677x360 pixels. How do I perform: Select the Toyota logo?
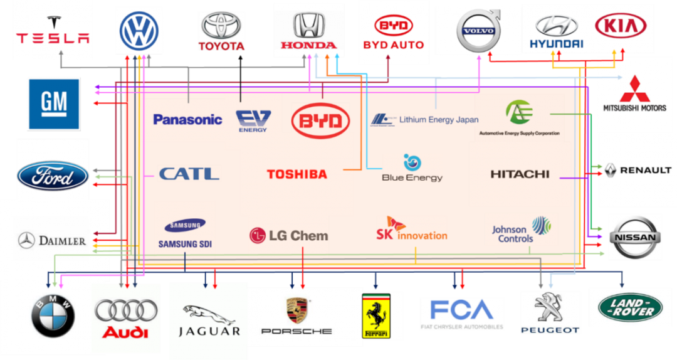tap(221, 32)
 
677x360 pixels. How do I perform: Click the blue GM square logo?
tap(54, 103)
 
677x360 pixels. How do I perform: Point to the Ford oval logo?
tap(53, 175)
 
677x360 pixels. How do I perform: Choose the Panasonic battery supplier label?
tap(187, 119)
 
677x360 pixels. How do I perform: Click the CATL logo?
tap(189, 173)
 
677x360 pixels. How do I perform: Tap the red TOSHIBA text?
tap(297, 174)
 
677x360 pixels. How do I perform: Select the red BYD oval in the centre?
tap(320, 119)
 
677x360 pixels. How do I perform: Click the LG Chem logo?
tap(288, 236)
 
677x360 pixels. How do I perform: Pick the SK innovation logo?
tap(411, 229)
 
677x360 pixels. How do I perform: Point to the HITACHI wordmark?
tap(520, 174)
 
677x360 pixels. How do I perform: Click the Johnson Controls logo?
tap(521, 231)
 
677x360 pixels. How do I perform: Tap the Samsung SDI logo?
tap(184, 233)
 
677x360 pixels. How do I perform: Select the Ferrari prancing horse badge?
tap(376, 315)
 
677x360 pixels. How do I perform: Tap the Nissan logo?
tap(636, 237)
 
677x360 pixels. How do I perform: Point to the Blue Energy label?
tap(412, 169)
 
